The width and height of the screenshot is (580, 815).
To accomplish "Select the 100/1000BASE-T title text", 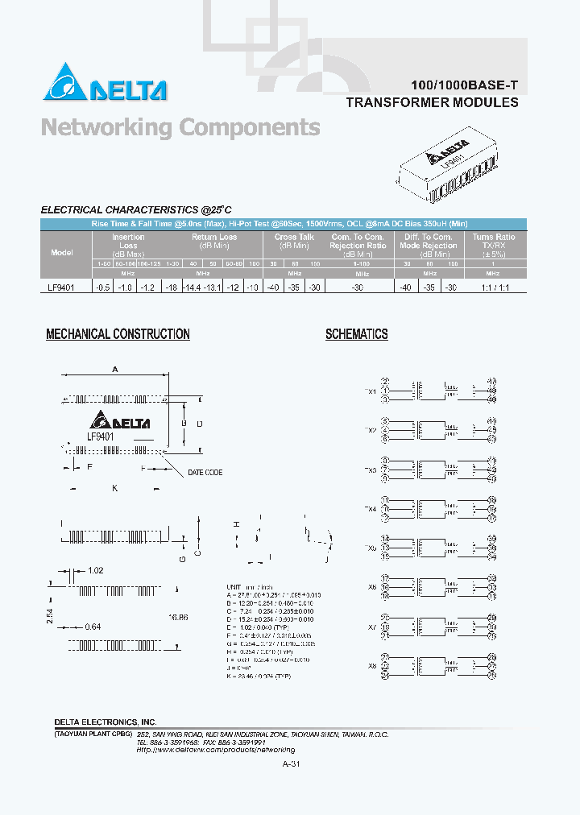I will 458,85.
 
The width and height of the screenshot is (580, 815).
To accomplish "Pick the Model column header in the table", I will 62,252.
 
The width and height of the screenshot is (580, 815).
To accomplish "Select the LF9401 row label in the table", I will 62,287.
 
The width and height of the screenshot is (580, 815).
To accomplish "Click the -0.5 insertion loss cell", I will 102,287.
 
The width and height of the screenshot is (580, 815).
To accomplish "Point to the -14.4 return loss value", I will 191,287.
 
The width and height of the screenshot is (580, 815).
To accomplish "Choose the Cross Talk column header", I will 294,238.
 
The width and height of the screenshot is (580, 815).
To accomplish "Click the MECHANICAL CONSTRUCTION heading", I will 118,334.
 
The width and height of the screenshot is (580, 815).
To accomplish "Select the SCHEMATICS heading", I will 356,334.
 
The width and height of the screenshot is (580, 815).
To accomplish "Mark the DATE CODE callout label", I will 205,473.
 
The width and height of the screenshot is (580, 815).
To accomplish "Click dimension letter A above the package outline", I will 115,370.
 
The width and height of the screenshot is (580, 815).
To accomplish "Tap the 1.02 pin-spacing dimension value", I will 94,570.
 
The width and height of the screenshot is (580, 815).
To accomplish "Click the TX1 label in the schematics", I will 370,391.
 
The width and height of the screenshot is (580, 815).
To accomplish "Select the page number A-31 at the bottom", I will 292,764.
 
